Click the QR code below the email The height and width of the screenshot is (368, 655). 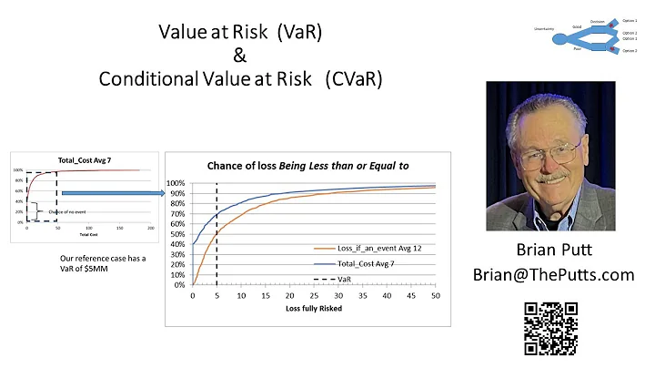(x=551, y=328)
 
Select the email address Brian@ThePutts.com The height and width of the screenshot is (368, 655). (x=553, y=273)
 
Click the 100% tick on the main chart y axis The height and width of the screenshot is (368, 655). (x=178, y=183)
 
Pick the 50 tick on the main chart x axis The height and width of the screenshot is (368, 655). (x=435, y=296)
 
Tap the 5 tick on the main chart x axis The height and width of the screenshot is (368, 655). (x=217, y=296)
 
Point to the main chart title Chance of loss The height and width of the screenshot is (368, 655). (x=308, y=165)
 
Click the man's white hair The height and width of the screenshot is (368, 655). (x=547, y=100)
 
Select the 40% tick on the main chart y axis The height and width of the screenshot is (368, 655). (x=178, y=244)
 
